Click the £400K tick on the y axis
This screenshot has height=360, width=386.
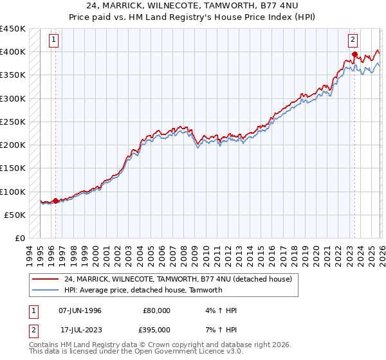coord(13,52)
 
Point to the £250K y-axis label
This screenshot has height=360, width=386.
coord(13,122)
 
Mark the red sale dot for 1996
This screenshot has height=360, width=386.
coord(55,201)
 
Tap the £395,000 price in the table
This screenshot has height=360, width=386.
coord(156,330)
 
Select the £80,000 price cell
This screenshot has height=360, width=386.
coord(156,310)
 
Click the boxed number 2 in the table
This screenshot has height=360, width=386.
coord(32,330)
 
